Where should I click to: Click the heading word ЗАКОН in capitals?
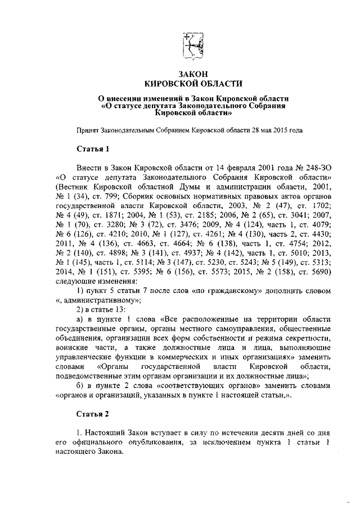(x=193, y=74)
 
